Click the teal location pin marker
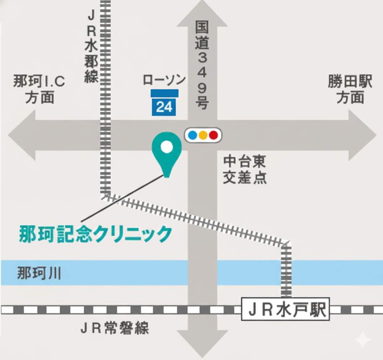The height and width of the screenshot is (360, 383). tap(166, 152)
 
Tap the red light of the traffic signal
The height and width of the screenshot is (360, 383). tap(214, 135)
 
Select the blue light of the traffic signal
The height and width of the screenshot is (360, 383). tap(193, 135)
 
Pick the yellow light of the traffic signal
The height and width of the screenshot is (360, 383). tap(203, 135)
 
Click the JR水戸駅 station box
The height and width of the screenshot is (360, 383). tap(285, 310)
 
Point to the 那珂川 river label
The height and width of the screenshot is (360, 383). tap(39, 273)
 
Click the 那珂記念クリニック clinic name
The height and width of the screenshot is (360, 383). tap(95, 234)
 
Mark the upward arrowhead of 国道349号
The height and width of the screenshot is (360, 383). tap(202, 15)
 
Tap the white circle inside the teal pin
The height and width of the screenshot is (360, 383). tap(166, 147)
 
